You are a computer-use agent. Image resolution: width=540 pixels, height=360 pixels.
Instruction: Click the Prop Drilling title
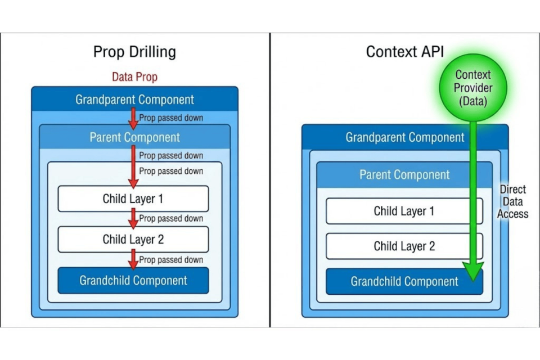[x=134, y=52]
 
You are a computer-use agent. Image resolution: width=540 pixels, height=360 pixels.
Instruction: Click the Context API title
[x=404, y=52]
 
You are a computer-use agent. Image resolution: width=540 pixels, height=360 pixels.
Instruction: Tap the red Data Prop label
[x=134, y=77]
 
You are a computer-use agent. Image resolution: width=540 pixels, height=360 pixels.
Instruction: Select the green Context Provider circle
[x=473, y=88]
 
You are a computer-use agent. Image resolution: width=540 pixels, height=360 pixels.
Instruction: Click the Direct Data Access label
[x=512, y=202]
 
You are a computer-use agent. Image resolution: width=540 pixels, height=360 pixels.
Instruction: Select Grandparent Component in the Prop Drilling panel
[x=134, y=100]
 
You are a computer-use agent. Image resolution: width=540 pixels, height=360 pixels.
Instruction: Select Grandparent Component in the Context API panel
[x=404, y=138]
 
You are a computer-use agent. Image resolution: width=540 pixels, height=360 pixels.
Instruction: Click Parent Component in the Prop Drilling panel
[x=134, y=137]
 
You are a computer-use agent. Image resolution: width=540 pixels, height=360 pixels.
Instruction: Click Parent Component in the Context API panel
[x=404, y=175]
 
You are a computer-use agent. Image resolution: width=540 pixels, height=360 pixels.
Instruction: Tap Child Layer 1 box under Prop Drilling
[x=133, y=199]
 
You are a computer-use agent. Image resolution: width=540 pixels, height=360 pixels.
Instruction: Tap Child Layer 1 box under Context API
[x=404, y=211]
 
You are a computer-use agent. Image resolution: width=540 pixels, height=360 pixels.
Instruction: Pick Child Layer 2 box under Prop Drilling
[x=133, y=240]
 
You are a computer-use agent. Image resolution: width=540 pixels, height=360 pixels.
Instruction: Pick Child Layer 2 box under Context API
[x=404, y=246]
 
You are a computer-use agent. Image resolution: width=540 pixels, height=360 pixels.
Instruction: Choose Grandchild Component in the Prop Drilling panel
[x=133, y=280]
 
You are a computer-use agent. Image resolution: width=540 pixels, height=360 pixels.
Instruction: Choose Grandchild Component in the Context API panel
[x=404, y=281]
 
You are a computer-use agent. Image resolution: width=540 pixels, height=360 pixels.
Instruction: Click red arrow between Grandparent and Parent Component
[x=133, y=118]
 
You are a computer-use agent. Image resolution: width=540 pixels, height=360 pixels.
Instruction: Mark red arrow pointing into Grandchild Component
[x=133, y=259]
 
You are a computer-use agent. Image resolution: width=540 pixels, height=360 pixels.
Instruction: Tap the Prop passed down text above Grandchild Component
[x=171, y=260]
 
